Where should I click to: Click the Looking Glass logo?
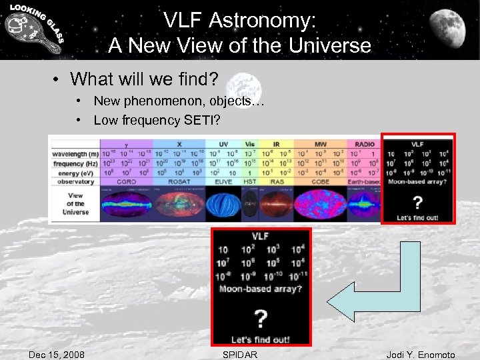point(33,29)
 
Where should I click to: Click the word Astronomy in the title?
point(267,21)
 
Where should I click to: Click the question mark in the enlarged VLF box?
point(261,318)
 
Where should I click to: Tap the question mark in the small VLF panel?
point(417,202)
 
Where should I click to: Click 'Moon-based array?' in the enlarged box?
point(261,289)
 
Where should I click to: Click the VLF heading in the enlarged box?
point(261,236)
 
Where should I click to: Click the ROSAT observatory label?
point(179,181)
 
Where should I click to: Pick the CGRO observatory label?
point(126,181)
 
